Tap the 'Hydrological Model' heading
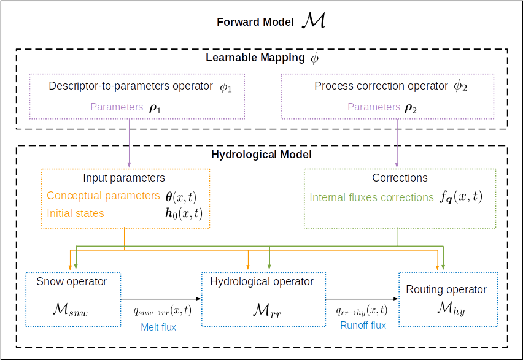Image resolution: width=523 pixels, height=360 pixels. coord(261,155)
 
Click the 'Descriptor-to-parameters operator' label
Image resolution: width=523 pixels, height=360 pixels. coord(130,86)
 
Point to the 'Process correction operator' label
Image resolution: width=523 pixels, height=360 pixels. coord(381,86)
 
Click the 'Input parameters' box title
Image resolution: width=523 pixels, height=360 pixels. coord(124,178)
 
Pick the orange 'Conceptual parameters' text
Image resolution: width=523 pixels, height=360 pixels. coord(103,196)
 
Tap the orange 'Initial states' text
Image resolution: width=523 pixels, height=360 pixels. coord(76,213)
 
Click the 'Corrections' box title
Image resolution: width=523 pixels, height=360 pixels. coord(400,178)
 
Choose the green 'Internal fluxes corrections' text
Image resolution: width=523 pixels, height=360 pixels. coord(372,197)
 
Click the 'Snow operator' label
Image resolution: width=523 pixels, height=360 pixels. coord(72,282)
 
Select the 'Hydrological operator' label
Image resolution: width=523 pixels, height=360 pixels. coord(261,282)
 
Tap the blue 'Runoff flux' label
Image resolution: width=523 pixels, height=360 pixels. coord(363,325)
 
